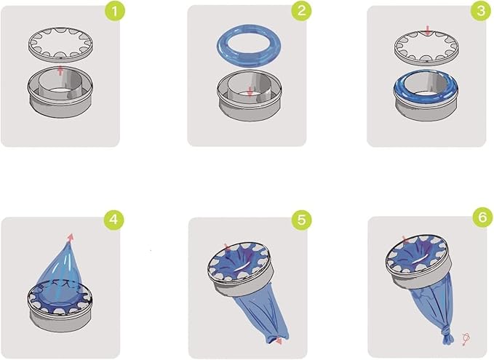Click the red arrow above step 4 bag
point(71,236)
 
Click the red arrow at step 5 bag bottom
point(277,340)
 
